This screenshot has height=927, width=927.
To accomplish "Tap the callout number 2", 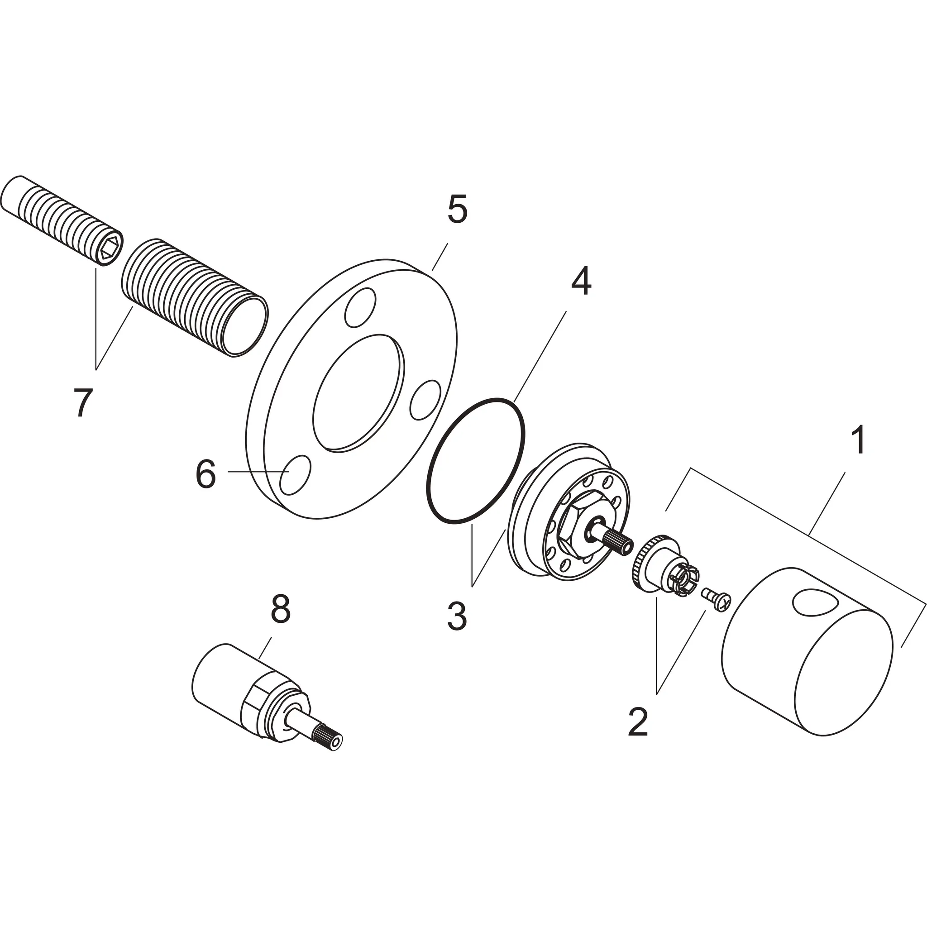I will click(x=638, y=721).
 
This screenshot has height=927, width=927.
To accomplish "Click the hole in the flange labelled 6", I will click(x=296, y=474).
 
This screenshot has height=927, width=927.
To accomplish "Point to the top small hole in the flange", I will click(x=360, y=306).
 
